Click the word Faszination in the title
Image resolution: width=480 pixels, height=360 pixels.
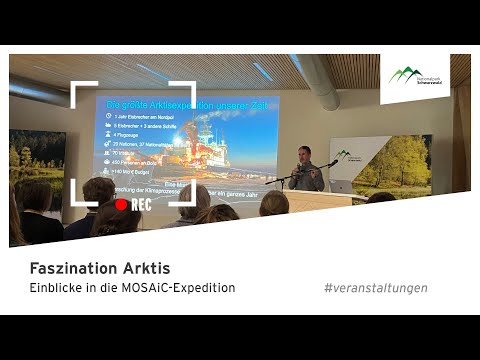click(65, 268)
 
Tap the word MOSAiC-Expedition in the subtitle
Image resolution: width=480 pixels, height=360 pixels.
click(178, 288)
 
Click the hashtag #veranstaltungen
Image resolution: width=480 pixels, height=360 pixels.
click(375, 288)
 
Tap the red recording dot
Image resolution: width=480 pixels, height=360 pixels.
click(121, 203)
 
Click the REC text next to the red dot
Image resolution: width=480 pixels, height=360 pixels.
click(141, 203)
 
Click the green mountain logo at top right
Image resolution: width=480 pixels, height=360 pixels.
click(406, 74)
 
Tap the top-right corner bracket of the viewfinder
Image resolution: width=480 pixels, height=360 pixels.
click(186, 91)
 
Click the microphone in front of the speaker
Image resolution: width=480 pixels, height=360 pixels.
click(331, 162)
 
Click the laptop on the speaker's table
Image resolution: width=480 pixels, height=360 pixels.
click(343, 186)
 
